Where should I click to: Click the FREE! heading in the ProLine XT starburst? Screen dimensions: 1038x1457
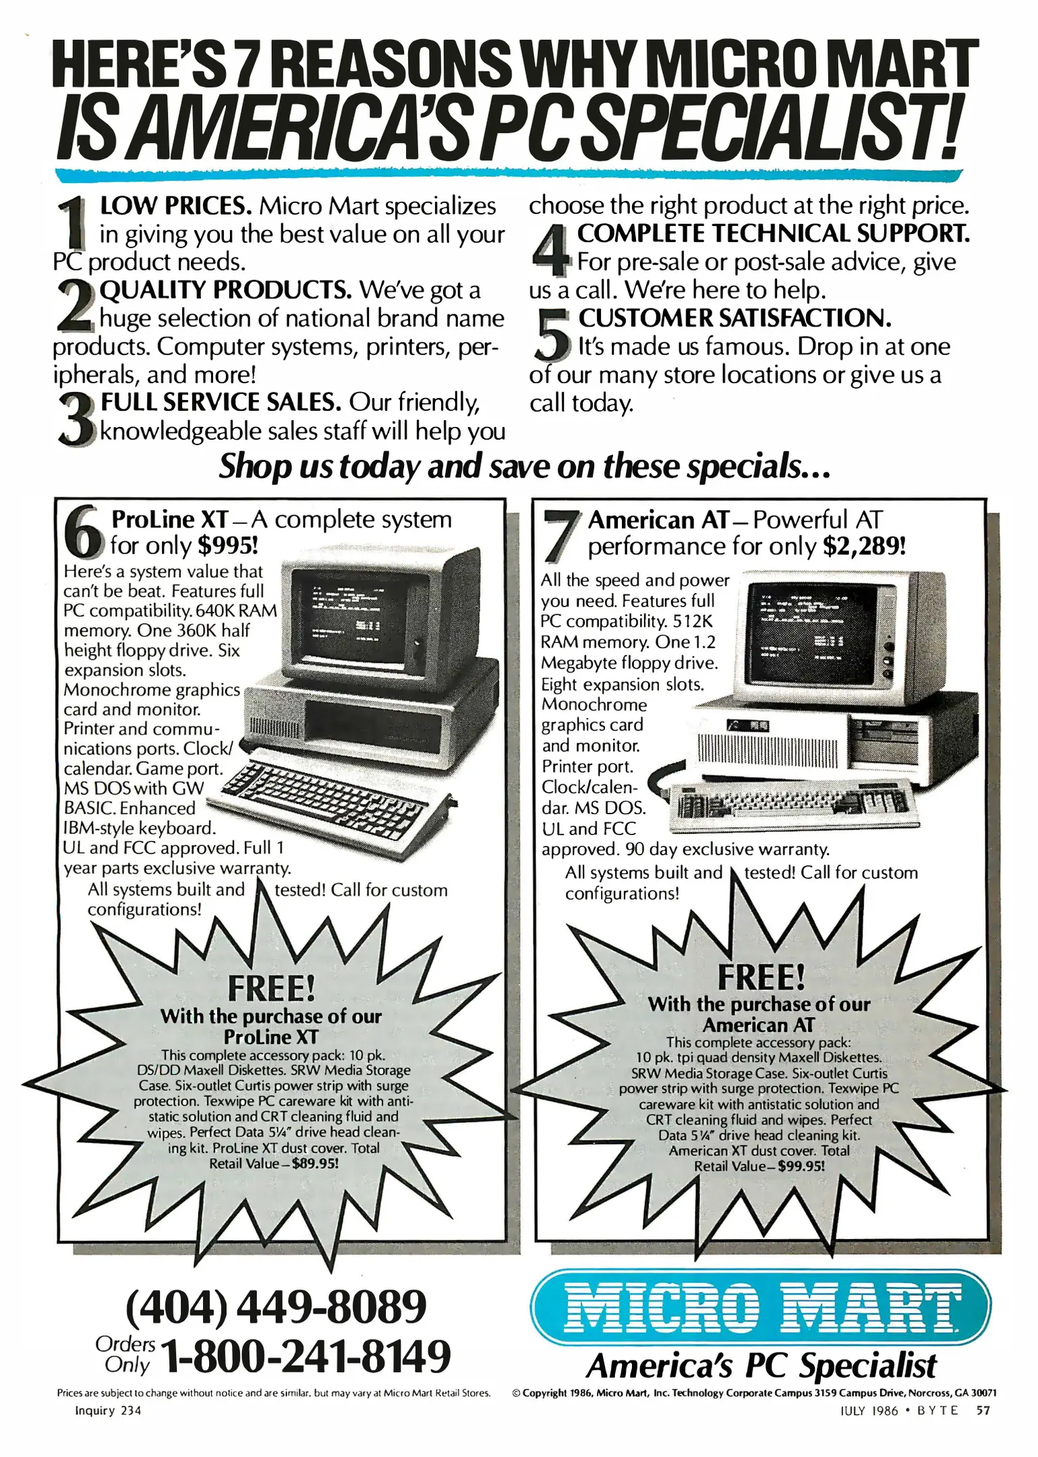[271, 988]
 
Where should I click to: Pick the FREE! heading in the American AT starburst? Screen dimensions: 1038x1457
[761, 976]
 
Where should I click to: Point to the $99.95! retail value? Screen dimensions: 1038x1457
[801, 1166]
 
